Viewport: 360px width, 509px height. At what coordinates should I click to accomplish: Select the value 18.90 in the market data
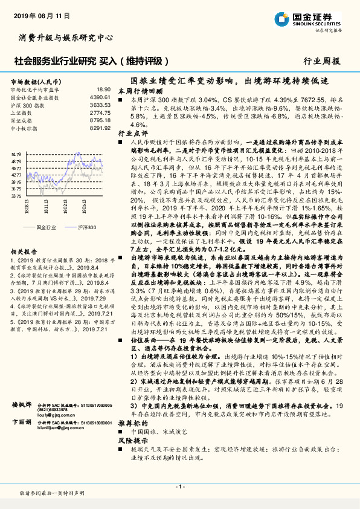pyautogui.click(x=104, y=89)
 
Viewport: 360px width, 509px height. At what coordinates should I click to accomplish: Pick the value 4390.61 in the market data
pyautogui.click(x=100, y=97)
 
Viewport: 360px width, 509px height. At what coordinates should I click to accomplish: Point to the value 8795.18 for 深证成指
pyautogui.click(x=100, y=121)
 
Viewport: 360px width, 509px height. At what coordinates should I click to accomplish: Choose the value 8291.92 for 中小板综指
pyautogui.click(x=100, y=129)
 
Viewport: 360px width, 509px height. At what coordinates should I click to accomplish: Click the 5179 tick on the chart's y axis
pyautogui.click(x=16, y=154)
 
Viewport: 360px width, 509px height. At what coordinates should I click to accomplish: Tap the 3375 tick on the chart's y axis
pyautogui.click(x=16, y=196)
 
